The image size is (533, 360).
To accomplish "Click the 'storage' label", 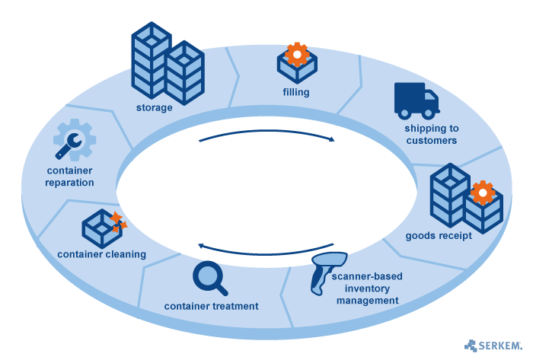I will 155,107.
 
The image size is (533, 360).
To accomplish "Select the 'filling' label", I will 295,94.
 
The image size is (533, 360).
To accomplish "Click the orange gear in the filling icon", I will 296,54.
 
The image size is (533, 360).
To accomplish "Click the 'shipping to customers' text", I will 431,135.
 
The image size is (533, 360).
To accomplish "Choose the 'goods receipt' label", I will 439,235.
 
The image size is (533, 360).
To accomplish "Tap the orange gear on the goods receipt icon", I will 481,193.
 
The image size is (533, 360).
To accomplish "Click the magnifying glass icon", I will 209,278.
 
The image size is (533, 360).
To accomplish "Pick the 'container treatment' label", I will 212,306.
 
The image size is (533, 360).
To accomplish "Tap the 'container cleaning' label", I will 101,254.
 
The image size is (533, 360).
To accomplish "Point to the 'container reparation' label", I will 69,177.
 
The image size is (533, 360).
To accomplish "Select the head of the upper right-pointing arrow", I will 332,139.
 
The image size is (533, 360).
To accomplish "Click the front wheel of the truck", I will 428,115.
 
